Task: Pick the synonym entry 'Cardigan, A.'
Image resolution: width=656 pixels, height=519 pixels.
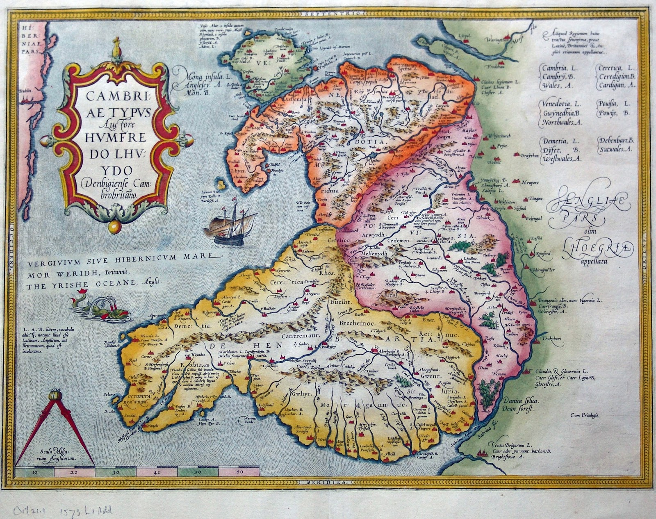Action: (614, 85)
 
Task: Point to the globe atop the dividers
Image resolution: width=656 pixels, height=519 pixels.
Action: (52, 396)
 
